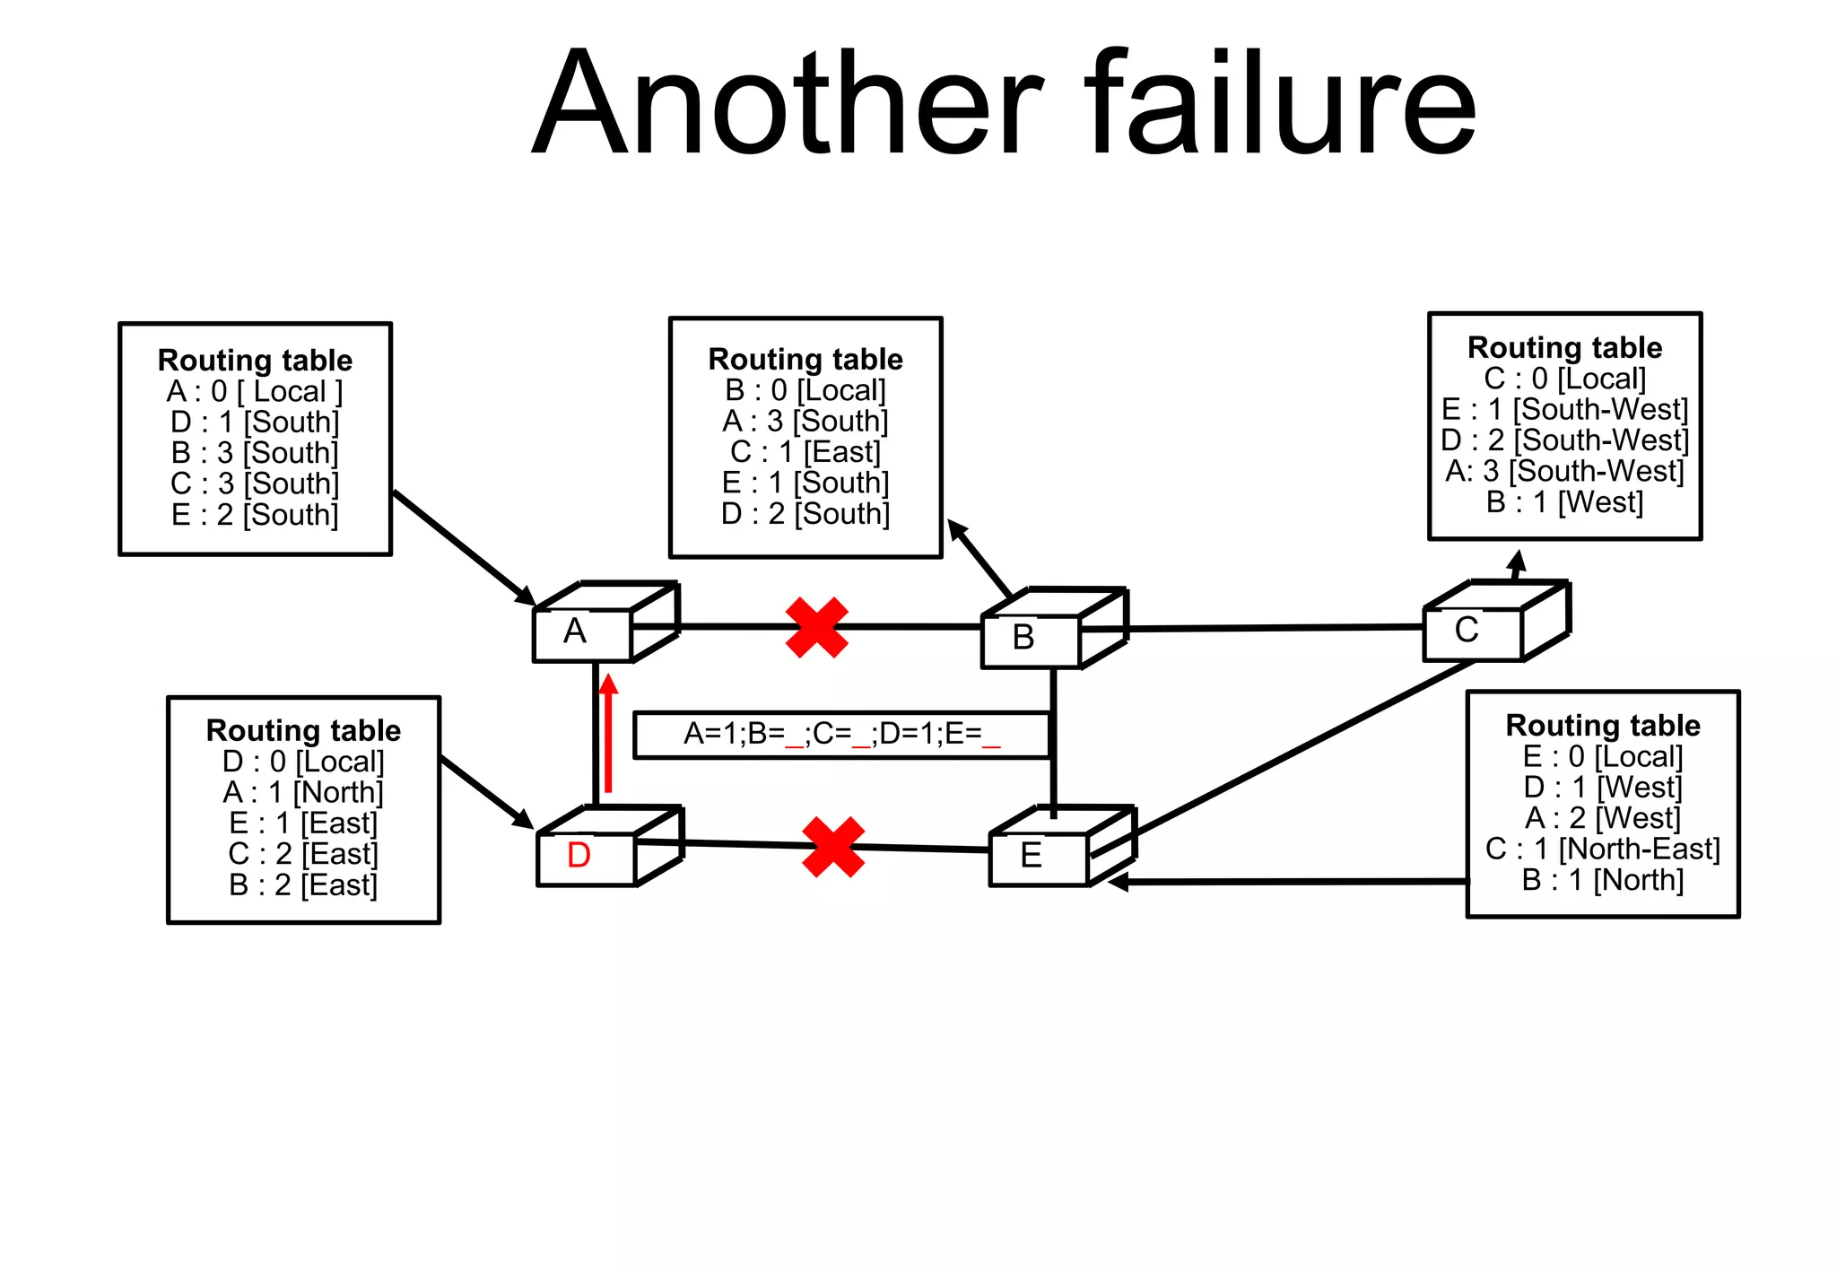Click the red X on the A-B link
click(816, 627)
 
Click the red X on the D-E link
click(833, 846)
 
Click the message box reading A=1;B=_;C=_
click(841, 735)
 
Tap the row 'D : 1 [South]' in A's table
click(255, 422)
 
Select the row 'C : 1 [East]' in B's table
click(805, 451)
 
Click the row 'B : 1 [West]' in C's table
click(1564, 501)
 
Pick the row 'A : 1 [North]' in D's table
click(303, 792)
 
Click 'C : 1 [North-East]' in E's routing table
click(1603, 849)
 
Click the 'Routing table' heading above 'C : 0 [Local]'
click(1564, 347)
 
